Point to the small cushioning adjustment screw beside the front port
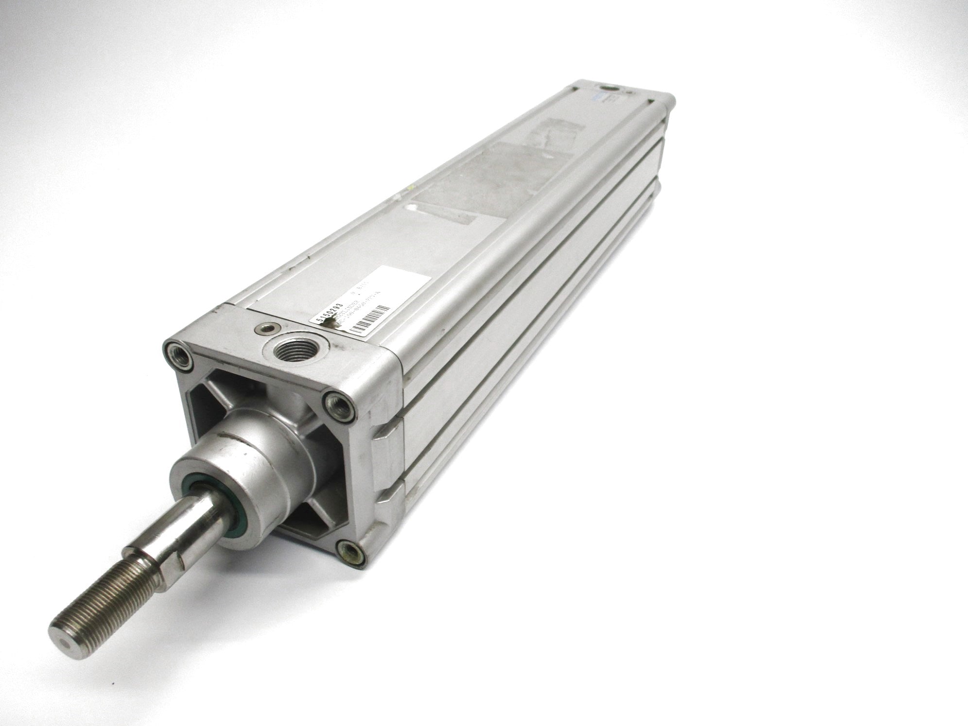click(265, 328)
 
